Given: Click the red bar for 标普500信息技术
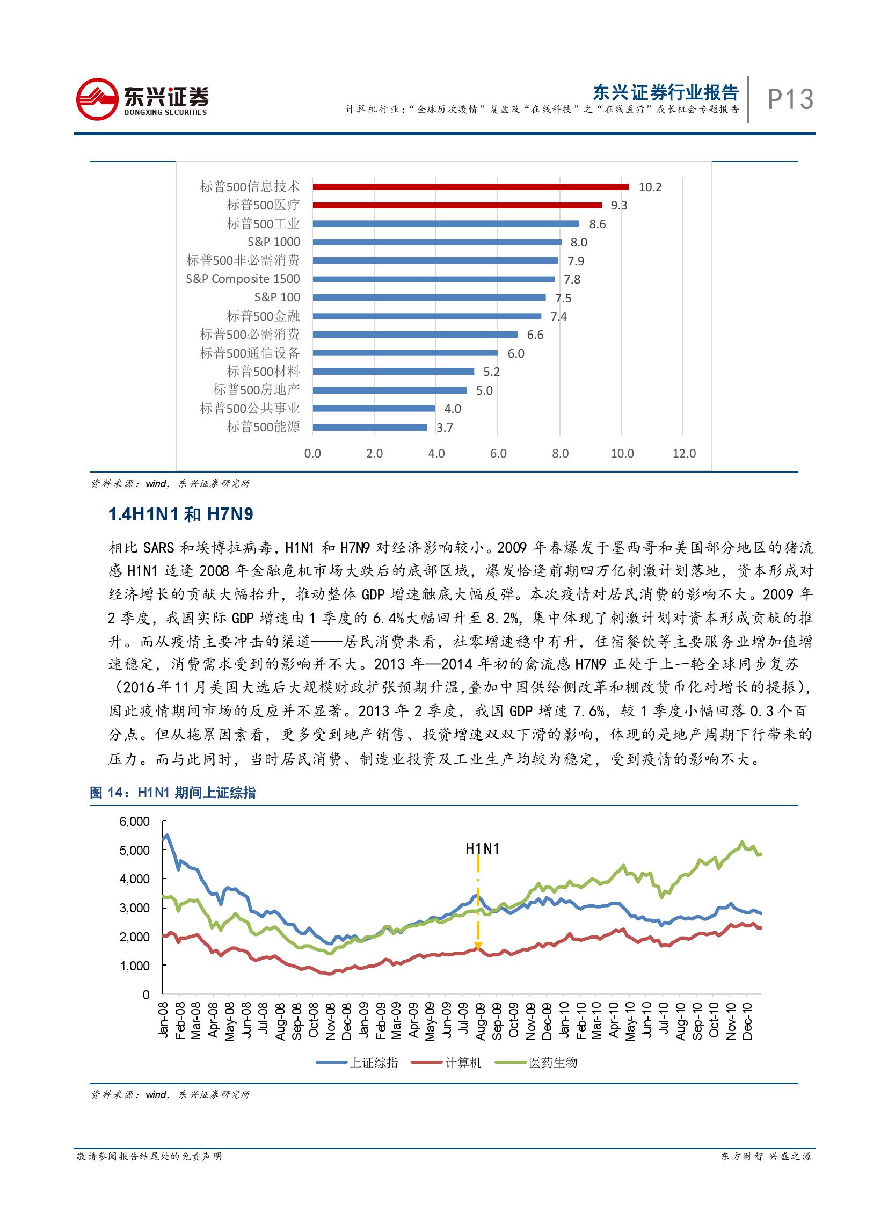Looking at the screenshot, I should [x=470, y=186].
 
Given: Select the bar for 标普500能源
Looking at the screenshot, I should [x=370, y=427].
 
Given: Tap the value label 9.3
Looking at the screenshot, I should [x=618, y=206].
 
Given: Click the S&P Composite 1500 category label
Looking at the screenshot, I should [x=243, y=279].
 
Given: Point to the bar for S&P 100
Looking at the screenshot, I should [x=429, y=297].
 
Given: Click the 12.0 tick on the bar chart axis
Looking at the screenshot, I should [x=684, y=453].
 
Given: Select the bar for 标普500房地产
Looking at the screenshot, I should [x=390, y=390].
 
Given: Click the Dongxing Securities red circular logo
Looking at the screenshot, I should [x=97, y=99].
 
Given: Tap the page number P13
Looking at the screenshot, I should [x=790, y=99].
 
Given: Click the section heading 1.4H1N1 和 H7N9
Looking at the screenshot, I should [x=180, y=514].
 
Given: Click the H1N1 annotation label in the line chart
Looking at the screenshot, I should [x=482, y=849].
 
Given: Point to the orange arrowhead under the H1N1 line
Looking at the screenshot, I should [x=478, y=946].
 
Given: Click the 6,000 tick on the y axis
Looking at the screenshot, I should [x=134, y=822].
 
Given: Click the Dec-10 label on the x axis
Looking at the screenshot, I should [x=747, y=1021].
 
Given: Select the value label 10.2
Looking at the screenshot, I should [x=650, y=187].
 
